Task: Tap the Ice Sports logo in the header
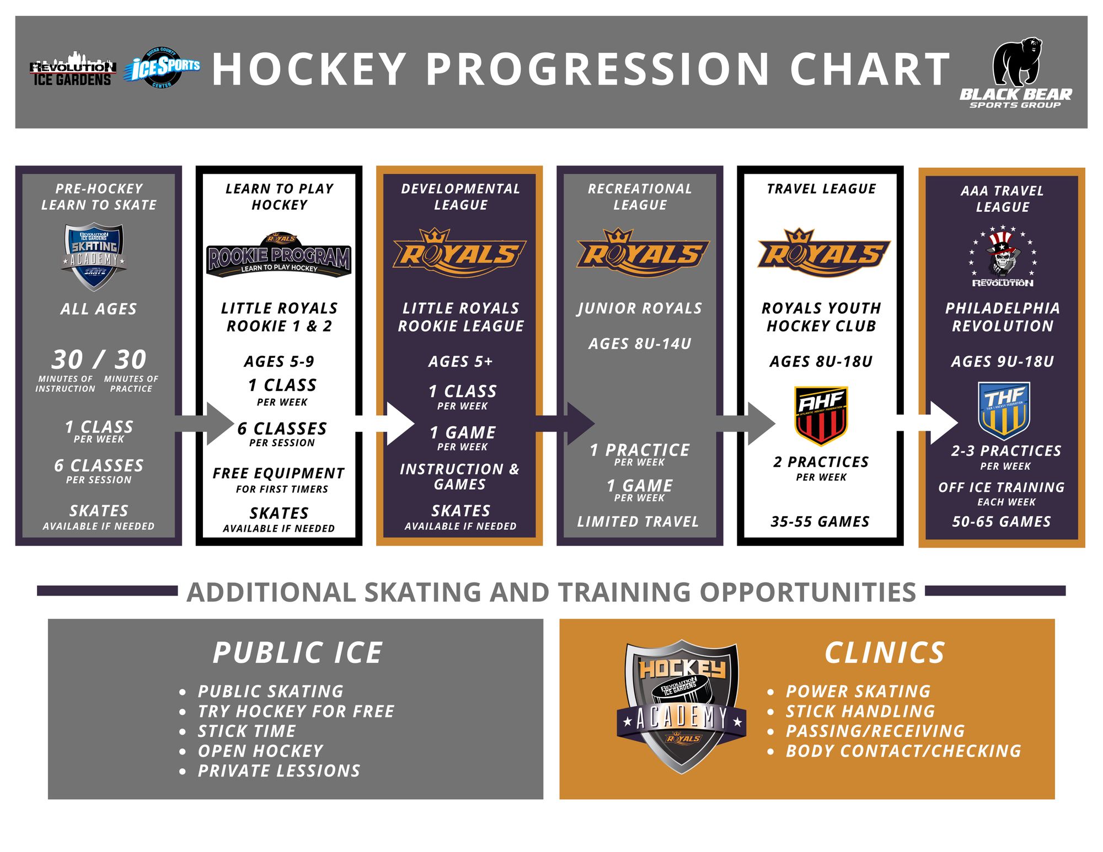pos(163,68)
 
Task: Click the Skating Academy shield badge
pos(94,256)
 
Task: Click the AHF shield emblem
pos(821,415)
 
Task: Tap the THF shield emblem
pos(1004,410)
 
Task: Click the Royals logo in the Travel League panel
pos(823,254)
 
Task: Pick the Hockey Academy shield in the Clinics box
pos(682,706)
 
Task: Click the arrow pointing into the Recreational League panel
pos(574,424)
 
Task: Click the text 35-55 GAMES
pos(820,522)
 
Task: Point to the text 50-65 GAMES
pos(1002,522)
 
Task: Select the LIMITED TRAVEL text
pos(638,522)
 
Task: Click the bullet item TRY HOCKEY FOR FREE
pos(296,711)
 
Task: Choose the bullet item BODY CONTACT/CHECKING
pos(903,751)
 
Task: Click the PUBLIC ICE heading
pos(298,653)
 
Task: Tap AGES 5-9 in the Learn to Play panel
pos(279,362)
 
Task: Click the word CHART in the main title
pos(870,69)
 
